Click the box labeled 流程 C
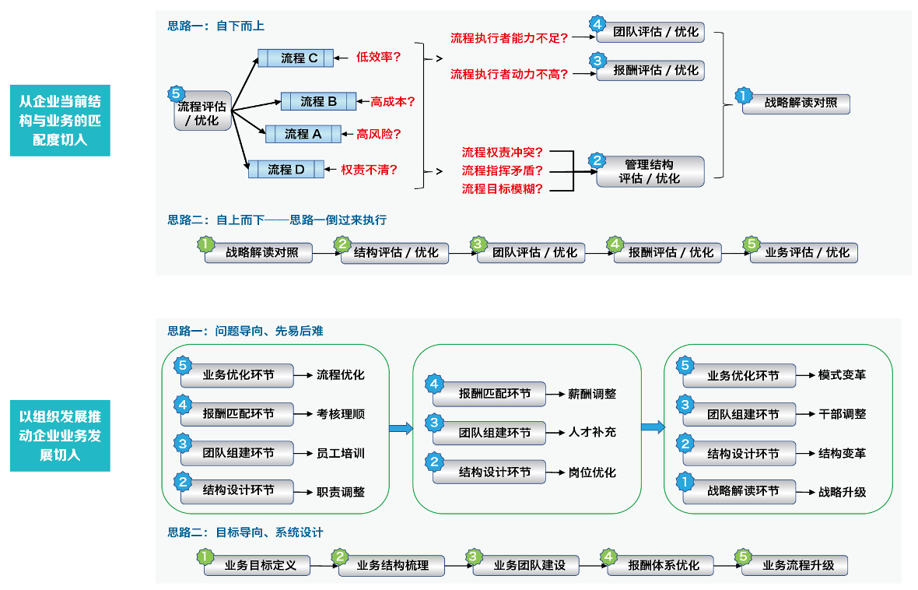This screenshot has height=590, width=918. [x=296, y=58]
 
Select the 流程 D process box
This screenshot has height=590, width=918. [x=286, y=169]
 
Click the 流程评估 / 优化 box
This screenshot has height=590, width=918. [x=202, y=114]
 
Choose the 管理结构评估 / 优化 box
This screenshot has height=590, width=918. [x=650, y=171]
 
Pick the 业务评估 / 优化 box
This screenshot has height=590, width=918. [x=803, y=253]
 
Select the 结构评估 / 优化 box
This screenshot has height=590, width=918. [x=395, y=253]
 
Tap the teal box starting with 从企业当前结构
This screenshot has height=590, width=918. [x=60, y=121]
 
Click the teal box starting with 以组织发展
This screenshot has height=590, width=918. [x=60, y=436]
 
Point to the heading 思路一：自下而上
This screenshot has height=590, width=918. [x=216, y=26]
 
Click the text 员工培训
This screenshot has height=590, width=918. [x=341, y=453]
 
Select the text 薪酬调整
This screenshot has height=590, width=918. [x=592, y=395]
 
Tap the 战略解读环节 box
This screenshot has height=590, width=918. [x=741, y=492]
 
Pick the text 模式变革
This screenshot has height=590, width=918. [x=842, y=375]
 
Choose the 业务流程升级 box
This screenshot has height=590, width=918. [x=795, y=565]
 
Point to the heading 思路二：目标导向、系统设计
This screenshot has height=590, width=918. [x=245, y=532]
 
